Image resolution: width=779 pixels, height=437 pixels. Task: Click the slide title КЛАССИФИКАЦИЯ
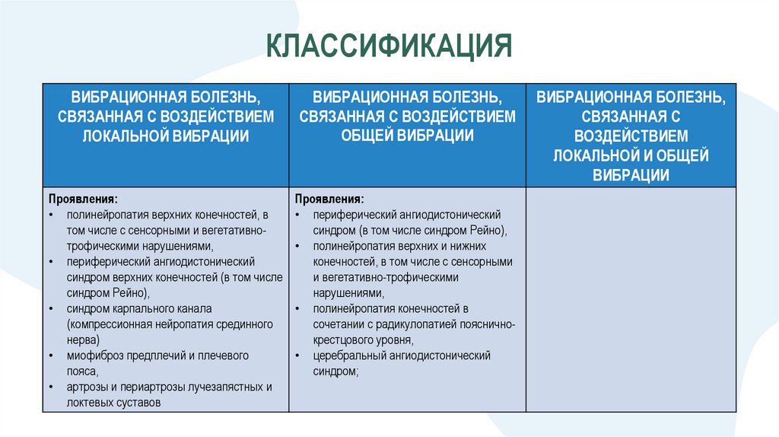click(x=389, y=46)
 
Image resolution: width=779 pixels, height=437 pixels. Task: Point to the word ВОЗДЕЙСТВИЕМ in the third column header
click(x=631, y=136)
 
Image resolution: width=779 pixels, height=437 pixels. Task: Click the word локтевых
click(x=88, y=403)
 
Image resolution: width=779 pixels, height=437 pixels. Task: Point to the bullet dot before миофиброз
click(x=50, y=356)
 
